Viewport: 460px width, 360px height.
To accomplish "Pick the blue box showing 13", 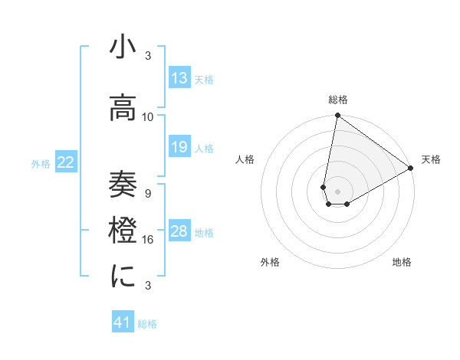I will (179, 77).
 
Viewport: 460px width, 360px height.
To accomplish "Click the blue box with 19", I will (179, 147).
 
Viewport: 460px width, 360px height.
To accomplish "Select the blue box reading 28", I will (179, 232).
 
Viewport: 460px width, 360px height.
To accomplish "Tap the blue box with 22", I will (66, 162).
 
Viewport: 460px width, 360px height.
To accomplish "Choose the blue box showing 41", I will (123, 322).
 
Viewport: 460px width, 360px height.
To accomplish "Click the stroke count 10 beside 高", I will (148, 116).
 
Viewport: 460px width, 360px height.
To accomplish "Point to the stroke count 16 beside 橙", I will (148, 239).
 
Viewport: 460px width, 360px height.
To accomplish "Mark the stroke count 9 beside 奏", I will (148, 193).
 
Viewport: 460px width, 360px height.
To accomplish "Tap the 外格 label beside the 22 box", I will (41, 163).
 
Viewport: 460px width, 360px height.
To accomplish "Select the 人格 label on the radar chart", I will (245, 159).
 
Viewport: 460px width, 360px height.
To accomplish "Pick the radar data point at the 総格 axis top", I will (337, 116).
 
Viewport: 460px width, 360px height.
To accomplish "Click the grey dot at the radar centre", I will (337, 190).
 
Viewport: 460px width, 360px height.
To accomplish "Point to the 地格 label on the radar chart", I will (402, 263).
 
